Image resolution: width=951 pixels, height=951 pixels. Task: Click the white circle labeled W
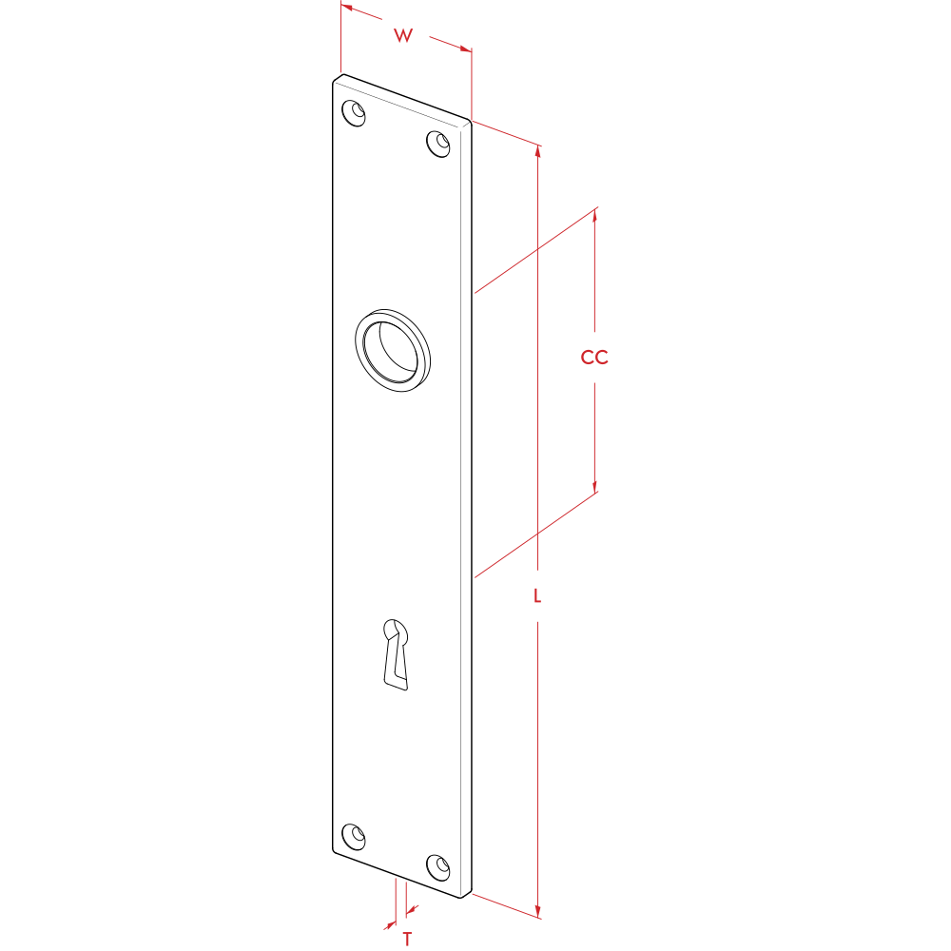(404, 34)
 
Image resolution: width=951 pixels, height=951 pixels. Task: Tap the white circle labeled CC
(593, 358)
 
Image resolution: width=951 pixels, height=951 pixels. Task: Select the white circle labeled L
(537, 596)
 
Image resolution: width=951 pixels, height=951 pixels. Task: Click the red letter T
(407, 940)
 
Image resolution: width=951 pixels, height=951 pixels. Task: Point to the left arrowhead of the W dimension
(347, 7)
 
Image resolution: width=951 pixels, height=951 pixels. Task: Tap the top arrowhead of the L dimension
(538, 150)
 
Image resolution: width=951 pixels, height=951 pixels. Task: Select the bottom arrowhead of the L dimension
(538, 910)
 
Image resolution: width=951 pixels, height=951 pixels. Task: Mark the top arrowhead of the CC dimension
(595, 215)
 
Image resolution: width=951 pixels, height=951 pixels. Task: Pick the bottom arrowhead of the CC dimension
(595, 486)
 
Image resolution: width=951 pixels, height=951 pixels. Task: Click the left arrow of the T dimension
(389, 923)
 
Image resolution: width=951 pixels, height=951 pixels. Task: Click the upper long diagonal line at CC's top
(536, 250)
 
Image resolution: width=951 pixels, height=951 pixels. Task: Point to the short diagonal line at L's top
(505, 133)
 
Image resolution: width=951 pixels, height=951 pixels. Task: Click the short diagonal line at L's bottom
(505, 905)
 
